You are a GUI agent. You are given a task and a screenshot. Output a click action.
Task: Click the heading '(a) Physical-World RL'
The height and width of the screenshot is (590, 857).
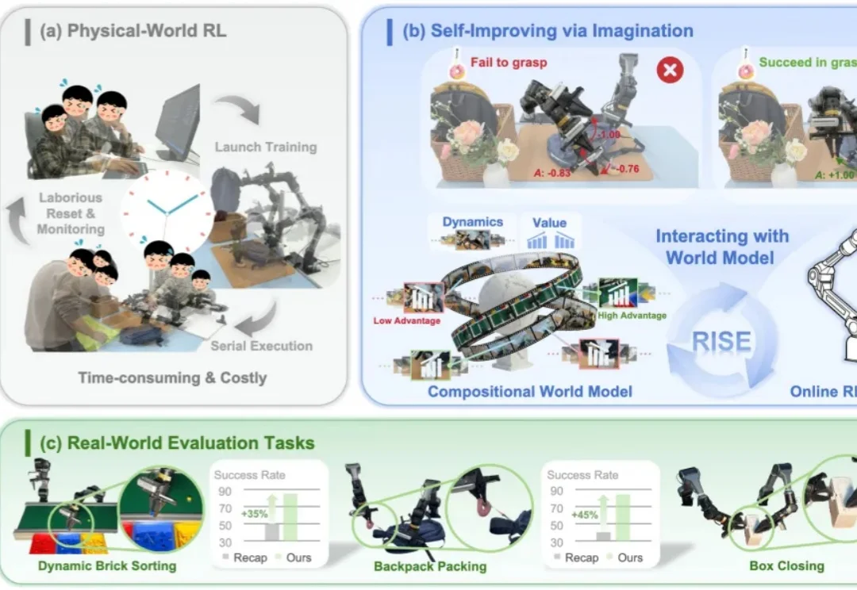[133, 32]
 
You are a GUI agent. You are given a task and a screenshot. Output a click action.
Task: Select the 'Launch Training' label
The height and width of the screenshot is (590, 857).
[265, 147]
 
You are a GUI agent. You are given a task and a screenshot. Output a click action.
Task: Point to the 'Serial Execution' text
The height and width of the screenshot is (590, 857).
[261, 346]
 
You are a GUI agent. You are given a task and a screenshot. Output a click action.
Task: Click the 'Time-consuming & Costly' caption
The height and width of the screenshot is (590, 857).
[172, 377]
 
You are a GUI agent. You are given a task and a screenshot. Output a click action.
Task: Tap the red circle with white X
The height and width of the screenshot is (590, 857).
[670, 71]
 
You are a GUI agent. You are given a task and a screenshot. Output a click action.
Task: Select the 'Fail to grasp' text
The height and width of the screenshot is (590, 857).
[509, 62]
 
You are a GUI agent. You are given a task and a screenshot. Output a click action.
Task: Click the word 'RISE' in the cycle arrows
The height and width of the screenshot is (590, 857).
[721, 343]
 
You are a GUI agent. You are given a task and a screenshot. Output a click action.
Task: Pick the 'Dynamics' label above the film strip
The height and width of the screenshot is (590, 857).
[472, 222]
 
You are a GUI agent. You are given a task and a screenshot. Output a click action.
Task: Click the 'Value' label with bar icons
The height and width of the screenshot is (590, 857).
[549, 223]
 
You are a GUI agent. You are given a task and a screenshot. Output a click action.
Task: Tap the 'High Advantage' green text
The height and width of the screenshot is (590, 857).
[633, 315]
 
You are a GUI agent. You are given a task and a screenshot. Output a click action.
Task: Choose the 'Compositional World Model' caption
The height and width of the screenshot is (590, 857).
[529, 391]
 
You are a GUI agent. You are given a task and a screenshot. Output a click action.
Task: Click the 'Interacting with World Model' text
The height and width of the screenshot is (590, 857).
[721, 246]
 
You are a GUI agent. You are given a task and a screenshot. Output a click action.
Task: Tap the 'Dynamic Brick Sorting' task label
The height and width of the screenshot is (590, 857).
[106, 566]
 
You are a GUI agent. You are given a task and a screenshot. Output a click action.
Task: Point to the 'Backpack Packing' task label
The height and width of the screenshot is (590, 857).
[430, 566]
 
